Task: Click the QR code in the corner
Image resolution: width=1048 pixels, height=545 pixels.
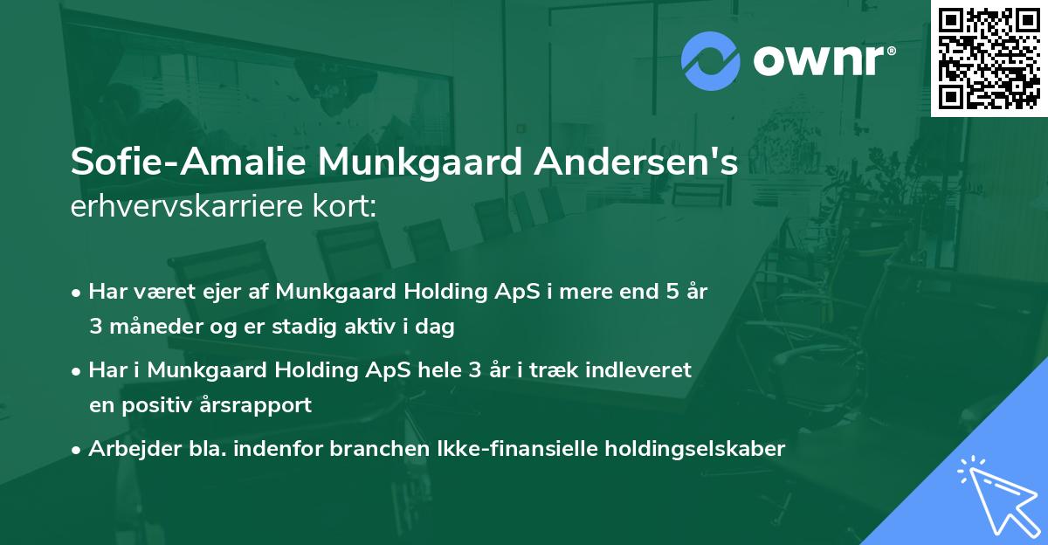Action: [x=989, y=58]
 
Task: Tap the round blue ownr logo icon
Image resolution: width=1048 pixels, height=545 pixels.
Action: [x=711, y=61]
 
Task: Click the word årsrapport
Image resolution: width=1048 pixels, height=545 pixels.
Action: [x=260, y=405]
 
